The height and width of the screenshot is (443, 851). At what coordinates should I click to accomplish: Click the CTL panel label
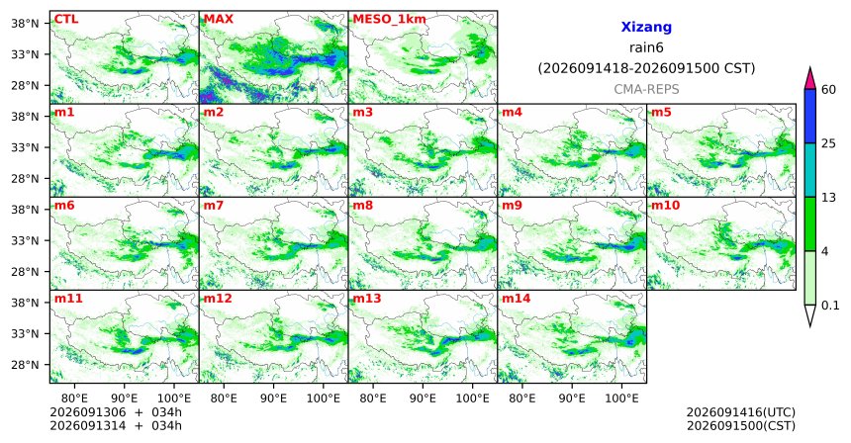pos(66,19)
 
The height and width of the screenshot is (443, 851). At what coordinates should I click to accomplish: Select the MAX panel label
pos(218,19)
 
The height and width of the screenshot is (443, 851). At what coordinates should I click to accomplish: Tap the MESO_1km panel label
pos(389,20)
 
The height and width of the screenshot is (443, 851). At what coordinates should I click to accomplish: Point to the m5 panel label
pos(661,113)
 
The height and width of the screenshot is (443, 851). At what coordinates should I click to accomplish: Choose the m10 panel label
pos(665,206)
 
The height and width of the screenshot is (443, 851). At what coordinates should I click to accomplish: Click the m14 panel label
pos(517,299)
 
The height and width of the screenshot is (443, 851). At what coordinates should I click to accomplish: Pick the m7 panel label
pos(214,206)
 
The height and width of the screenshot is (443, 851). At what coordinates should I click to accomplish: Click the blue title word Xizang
pos(646,27)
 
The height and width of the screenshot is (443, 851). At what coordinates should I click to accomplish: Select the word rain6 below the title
pos(646,47)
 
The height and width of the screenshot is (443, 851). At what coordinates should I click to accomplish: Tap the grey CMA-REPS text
pos(646,89)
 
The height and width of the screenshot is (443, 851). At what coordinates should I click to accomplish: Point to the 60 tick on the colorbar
pos(828,90)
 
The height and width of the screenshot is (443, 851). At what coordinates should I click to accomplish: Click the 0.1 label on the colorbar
pos(830,306)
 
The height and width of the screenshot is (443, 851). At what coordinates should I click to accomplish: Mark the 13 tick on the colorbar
pos(828,198)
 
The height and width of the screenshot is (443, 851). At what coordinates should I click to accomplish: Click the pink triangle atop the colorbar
pos(810,78)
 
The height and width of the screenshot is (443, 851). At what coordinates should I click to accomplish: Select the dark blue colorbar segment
pos(810,117)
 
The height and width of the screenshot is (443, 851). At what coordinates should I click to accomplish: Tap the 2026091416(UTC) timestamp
pos(741,413)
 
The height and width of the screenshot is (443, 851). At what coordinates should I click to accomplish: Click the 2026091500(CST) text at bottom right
pos(741,425)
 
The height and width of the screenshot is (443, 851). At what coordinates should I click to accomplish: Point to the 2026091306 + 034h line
pos(116,412)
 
